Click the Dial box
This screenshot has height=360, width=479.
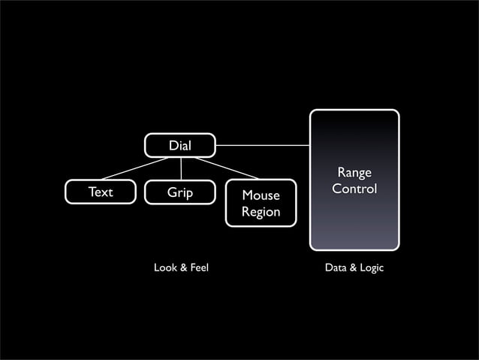coord(180,145)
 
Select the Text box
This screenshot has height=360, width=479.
coord(101,192)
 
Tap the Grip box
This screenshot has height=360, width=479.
coord(180,192)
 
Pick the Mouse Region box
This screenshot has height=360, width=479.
coord(261,204)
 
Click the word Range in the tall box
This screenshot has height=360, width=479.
coord(354,174)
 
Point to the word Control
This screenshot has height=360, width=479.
coord(354,189)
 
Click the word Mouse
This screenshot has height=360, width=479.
coord(261,196)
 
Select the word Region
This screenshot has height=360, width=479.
coord(261,212)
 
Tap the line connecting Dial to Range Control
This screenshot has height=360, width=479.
coord(263,145)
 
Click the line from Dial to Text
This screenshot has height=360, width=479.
coord(135,169)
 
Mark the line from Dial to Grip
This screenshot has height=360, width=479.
coord(180,169)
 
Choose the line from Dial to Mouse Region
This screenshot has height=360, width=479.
coord(225,168)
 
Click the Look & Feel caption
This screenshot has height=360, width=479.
coord(181,268)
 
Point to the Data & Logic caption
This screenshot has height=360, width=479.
coord(354,268)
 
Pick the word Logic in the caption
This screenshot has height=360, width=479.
coord(371,268)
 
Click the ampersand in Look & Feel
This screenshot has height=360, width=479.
coord(181,268)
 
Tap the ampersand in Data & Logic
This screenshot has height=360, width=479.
coord(353,268)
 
